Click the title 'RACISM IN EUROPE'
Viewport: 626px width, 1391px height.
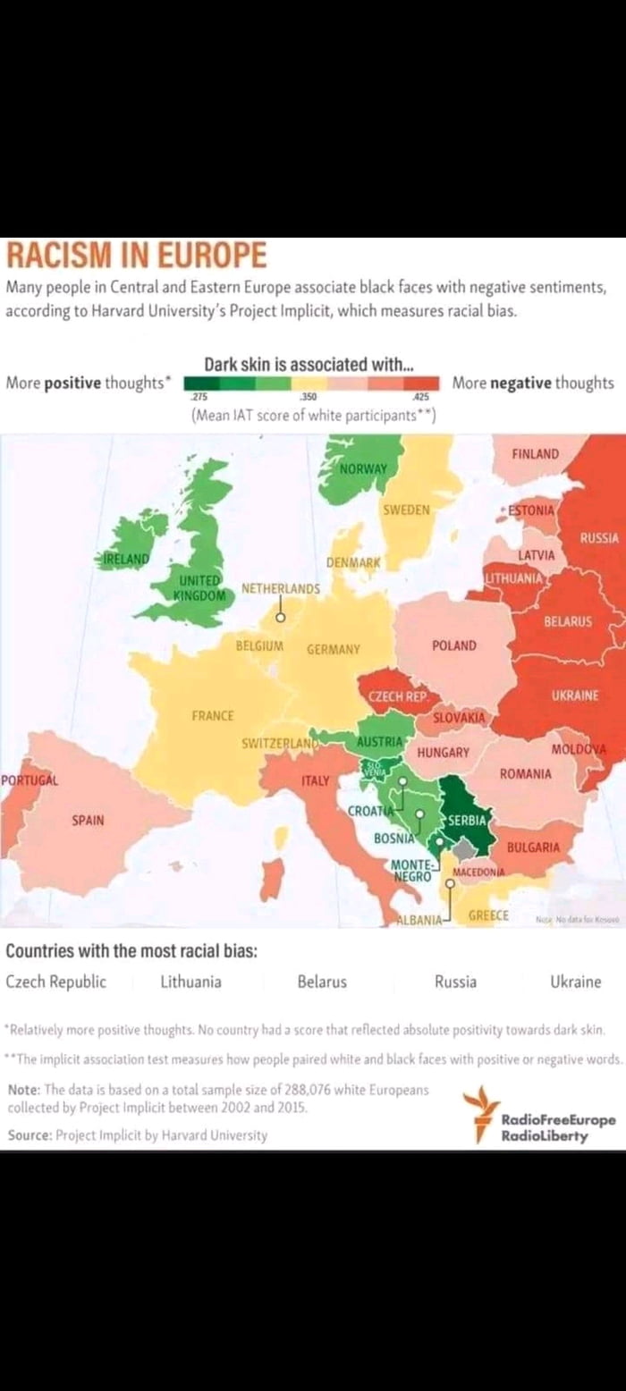tap(137, 256)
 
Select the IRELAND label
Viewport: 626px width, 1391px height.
tap(125, 559)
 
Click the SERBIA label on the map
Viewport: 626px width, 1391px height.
tap(467, 820)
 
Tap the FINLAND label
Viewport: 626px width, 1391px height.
tap(535, 454)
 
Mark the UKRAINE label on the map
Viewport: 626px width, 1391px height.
tap(575, 695)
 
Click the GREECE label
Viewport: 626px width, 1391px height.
tap(488, 915)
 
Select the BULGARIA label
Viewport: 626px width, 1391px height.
tap(533, 847)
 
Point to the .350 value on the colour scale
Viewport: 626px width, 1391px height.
tap(308, 396)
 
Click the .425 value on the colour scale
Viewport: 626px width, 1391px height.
tap(420, 396)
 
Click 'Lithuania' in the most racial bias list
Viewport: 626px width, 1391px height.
tap(190, 982)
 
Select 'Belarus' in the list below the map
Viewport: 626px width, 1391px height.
tap(322, 982)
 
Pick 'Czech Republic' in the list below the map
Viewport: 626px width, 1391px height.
tap(56, 982)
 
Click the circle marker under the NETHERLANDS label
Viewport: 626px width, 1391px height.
tap(279, 618)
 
